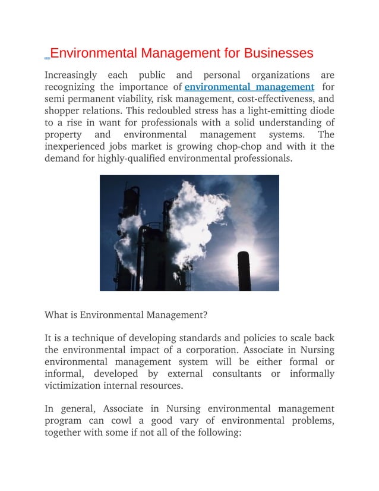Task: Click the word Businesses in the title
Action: (276, 53)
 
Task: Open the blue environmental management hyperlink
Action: (249, 87)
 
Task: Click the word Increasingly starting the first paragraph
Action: (71, 75)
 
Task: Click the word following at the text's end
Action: (220, 433)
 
